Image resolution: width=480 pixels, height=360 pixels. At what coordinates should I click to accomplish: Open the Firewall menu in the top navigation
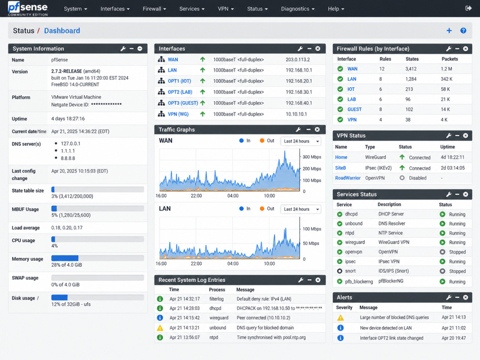(154, 9)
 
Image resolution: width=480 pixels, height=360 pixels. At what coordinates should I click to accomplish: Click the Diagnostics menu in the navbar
(298, 9)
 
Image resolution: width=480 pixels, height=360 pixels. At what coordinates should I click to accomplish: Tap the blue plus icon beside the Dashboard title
(449, 30)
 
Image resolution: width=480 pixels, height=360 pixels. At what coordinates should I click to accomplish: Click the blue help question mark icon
(463, 30)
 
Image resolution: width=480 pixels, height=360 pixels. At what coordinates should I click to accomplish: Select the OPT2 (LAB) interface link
(180, 92)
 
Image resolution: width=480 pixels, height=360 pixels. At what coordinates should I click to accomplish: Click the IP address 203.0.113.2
(298, 60)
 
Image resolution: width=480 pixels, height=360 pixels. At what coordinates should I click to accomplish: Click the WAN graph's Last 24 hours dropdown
(301, 141)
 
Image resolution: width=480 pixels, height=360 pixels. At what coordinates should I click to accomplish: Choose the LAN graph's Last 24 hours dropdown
(301, 209)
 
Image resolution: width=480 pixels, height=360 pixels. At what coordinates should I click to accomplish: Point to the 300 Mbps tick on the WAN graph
(312, 157)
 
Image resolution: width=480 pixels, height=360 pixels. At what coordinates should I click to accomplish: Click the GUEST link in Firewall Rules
(354, 109)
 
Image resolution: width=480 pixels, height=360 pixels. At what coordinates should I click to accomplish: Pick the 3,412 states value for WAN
(411, 69)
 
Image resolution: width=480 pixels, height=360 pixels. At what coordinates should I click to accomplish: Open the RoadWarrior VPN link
(348, 178)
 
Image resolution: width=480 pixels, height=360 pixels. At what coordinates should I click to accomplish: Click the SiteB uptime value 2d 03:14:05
(453, 168)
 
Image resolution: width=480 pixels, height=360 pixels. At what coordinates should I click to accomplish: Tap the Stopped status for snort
(457, 271)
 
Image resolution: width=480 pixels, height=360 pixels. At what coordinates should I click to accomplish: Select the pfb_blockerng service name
(359, 282)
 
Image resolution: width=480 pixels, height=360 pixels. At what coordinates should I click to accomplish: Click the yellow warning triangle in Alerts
(340, 318)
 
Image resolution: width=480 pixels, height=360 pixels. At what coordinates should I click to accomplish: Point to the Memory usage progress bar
(97, 258)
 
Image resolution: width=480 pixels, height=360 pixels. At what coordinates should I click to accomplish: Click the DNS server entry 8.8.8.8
(68, 158)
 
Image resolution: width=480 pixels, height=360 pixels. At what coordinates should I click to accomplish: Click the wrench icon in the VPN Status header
(449, 135)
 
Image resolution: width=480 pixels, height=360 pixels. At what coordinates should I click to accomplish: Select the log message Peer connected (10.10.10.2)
(263, 318)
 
